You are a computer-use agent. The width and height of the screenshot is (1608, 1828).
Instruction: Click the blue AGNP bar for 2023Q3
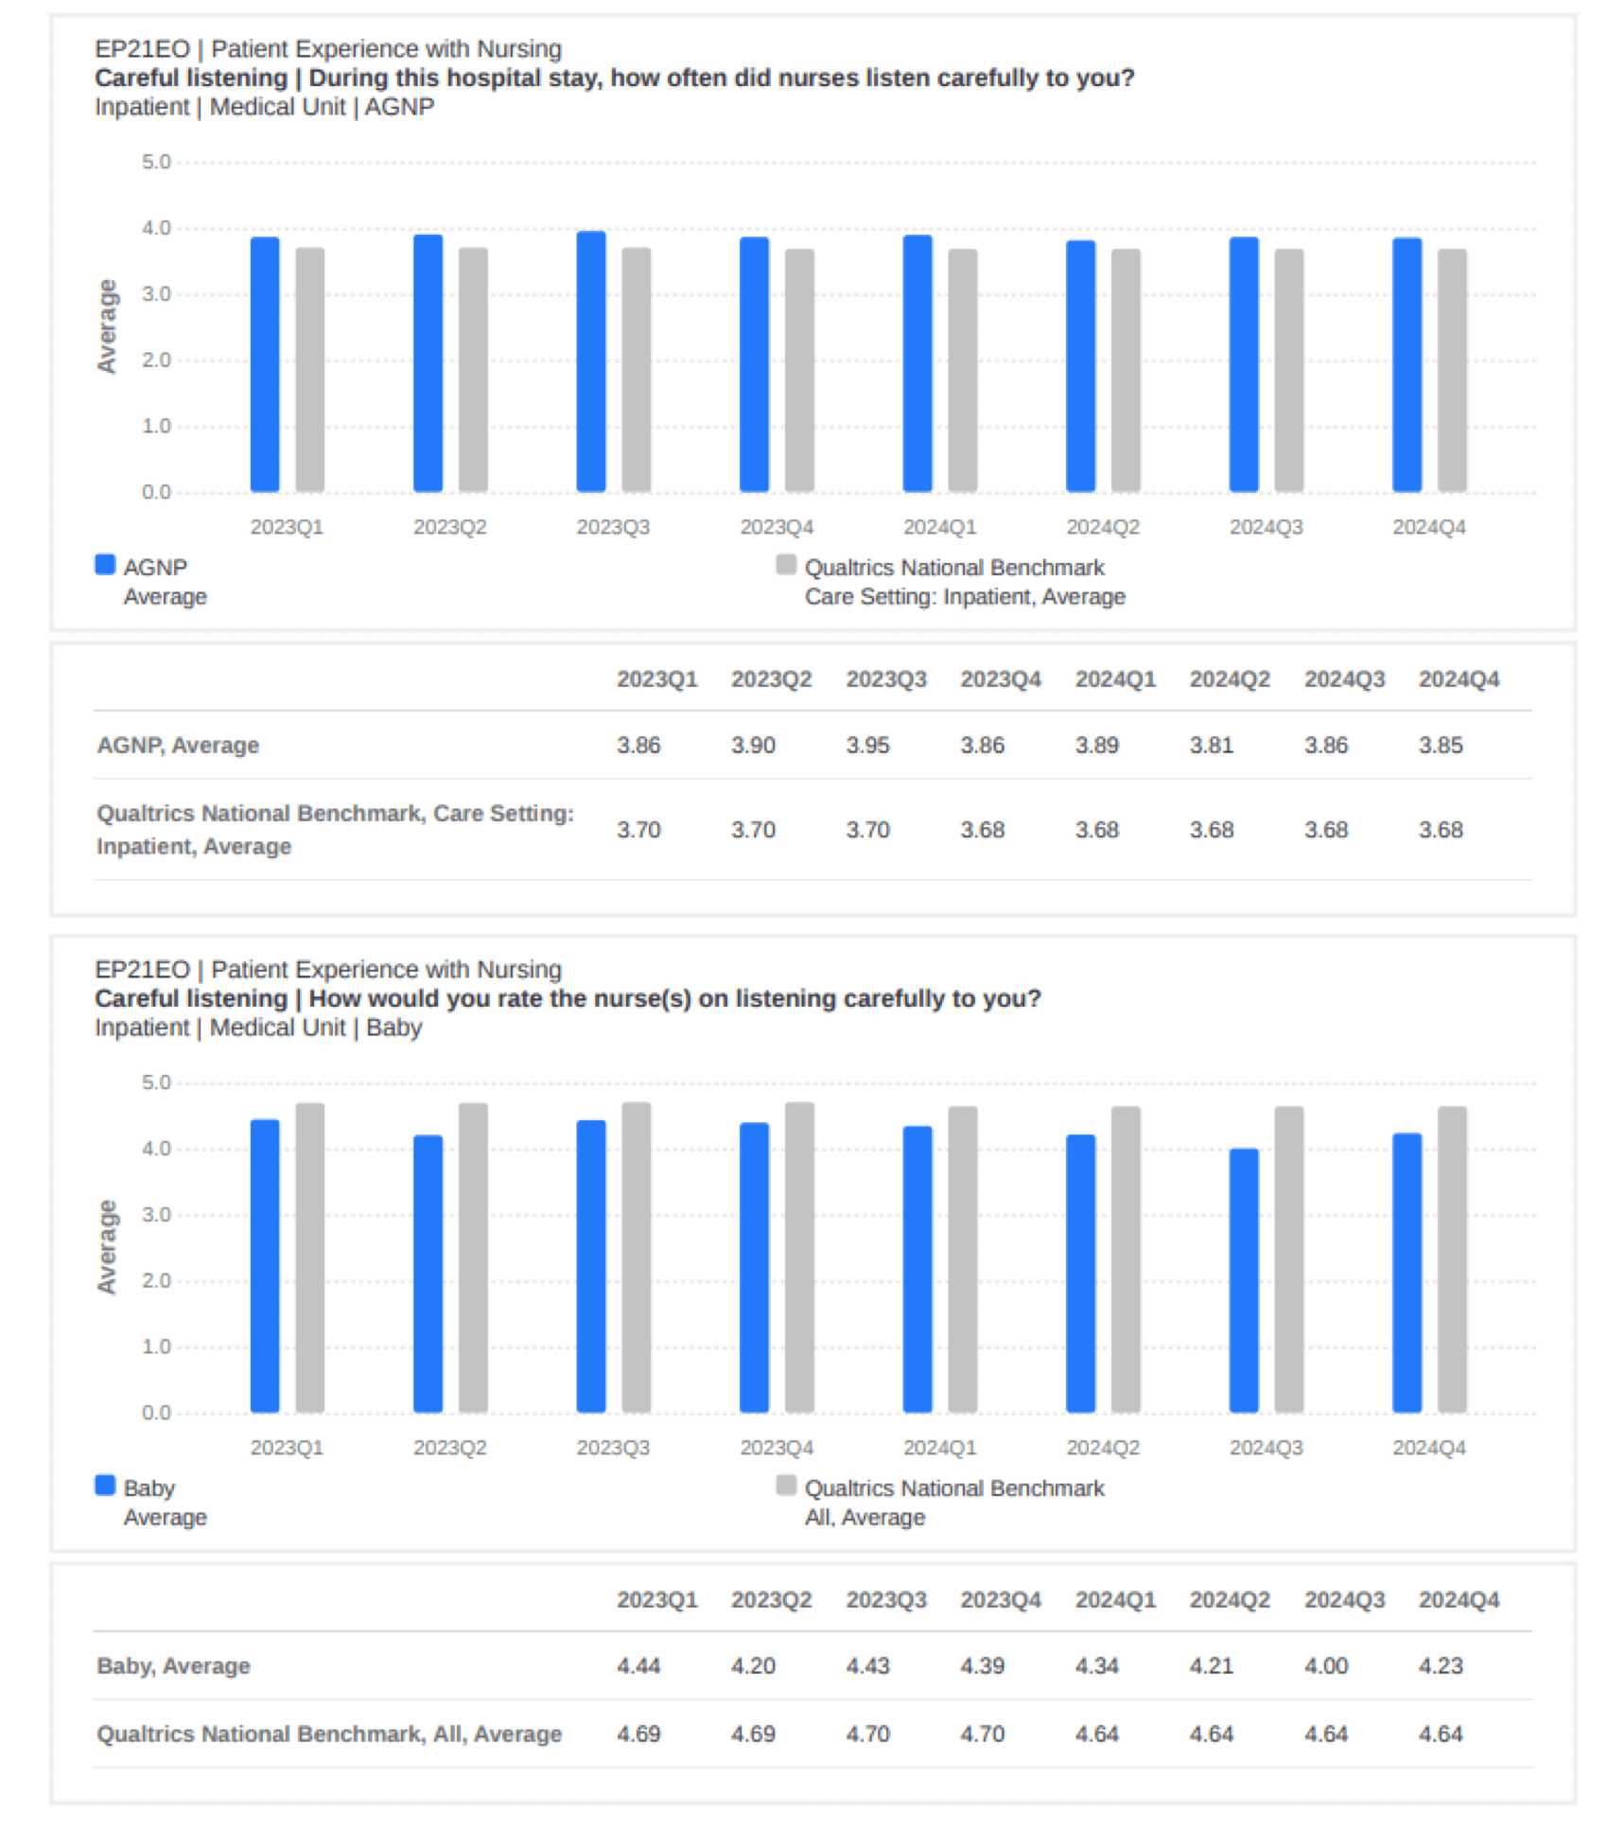click(x=591, y=362)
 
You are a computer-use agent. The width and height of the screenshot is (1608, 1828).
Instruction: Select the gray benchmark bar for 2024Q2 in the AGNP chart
click(x=1126, y=371)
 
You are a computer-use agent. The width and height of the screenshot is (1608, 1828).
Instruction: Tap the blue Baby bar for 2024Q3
click(x=1244, y=1281)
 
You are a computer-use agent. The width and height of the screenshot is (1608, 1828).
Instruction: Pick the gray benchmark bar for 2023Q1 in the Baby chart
click(x=310, y=1258)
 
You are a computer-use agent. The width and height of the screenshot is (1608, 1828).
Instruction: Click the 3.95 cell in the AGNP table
click(x=867, y=746)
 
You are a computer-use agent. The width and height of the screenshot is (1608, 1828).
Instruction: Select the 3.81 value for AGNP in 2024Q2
click(x=1211, y=746)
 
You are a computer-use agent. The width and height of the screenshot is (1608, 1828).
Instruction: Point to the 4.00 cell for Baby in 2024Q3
click(x=1325, y=1666)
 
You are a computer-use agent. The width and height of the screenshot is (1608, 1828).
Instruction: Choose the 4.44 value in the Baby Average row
click(x=638, y=1666)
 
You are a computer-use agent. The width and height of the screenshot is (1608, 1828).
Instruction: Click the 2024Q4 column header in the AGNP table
click(x=1459, y=679)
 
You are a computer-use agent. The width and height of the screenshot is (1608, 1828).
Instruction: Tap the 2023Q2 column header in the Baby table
click(x=771, y=1600)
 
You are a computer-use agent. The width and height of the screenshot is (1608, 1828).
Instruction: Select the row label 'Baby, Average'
click(x=174, y=1666)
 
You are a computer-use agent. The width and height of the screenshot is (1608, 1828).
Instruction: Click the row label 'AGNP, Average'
click(x=178, y=746)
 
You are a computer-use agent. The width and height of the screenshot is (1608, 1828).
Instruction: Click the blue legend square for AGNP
click(x=105, y=565)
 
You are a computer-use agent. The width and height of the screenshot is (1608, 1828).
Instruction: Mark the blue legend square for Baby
click(x=105, y=1485)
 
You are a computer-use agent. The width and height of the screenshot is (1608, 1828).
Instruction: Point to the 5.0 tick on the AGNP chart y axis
click(x=156, y=163)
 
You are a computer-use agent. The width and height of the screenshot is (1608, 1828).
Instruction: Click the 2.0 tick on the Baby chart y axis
click(x=156, y=1281)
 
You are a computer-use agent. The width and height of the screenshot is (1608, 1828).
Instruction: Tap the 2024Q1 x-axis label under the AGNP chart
click(x=939, y=527)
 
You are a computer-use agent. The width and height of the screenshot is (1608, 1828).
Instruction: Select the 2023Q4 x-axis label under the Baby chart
click(x=776, y=1448)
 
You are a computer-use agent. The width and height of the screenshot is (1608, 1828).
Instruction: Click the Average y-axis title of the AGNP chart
click(x=107, y=326)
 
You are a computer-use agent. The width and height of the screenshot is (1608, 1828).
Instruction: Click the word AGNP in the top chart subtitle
click(x=399, y=107)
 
